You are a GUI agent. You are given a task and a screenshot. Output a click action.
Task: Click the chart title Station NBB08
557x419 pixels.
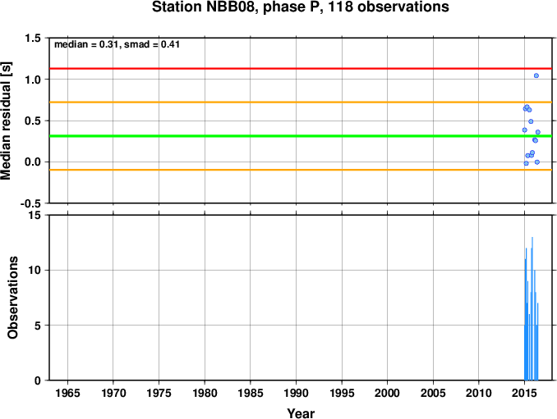pyautogui.click(x=205, y=7)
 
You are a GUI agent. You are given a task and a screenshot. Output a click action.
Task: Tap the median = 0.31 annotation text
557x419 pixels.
pyautogui.click(x=85, y=44)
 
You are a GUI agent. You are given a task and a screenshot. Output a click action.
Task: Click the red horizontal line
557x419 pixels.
pyautogui.click(x=301, y=68)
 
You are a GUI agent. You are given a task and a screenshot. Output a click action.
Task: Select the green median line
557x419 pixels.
pyautogui.click(x=301, y=136)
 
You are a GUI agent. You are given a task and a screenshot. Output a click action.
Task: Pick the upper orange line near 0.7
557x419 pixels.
pyautogui.click(x=301, y=102)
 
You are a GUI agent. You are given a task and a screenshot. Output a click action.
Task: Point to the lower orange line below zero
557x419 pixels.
pyautogui.click(x=301, y=170)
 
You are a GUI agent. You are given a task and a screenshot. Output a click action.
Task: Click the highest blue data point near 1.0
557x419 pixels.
pyautogui.click(x=536, y=75)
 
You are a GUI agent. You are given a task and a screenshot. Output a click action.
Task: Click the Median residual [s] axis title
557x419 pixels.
pyautogui.click(x=7, y=121)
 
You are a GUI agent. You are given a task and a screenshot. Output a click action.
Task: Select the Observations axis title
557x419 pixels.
pyautogui.click(x=13, y=298)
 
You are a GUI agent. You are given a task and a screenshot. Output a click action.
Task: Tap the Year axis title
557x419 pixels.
pyautogui.click(x=301, y=413)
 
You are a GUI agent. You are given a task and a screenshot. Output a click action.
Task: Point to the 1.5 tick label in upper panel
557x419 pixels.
pyautogui.click(x=33, y=38)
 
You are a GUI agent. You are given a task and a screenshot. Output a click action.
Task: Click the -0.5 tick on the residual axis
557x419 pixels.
pyautogui.click(x=30, y=203)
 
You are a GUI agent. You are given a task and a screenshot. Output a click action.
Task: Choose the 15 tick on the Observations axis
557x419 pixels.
pyautogui.click(x=35, y=216)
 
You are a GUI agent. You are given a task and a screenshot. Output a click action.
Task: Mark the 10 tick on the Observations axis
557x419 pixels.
pyautogui.click(x=35, y=271)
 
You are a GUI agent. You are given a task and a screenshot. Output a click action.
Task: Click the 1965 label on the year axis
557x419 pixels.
pyautogui.click(x=67, y=393)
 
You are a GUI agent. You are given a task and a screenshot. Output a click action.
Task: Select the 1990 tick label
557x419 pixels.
pyautogui.click(x=296, y=393)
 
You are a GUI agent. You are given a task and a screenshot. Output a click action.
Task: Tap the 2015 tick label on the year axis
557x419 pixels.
pyautogui.click(x=525, y=393)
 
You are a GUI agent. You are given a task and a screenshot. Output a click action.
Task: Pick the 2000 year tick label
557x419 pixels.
pyautogui.click(x=388, y=393)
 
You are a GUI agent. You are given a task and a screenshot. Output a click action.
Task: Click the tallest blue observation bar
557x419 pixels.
pyautogui.click(x=532, y=308)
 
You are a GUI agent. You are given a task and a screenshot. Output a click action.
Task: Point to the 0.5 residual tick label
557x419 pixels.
pyautogui.click(x=33, y=121)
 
